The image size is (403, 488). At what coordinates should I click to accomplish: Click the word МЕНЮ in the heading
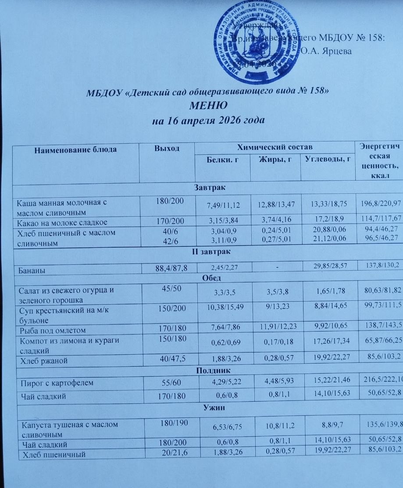pos(208,105)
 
